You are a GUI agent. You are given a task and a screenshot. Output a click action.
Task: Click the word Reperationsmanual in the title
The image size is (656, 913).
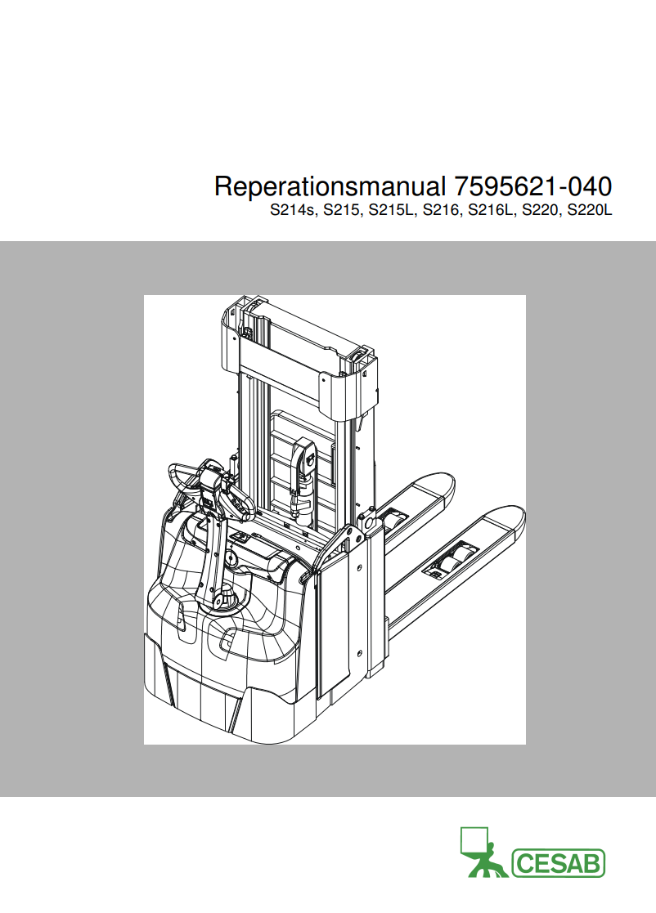click(x=329, y=187)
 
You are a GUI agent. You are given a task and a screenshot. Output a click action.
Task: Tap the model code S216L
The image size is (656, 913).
click(x=491, y=210)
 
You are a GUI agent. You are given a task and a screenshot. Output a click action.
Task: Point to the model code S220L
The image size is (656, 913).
click(x=591, y=210)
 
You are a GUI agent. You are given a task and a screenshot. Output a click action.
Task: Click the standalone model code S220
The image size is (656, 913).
click(x=541, y=210)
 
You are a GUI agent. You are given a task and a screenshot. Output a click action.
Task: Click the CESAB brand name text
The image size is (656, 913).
click(x=558, y=863)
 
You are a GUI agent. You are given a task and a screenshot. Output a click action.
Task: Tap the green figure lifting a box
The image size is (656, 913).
click(x=483, y=853)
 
